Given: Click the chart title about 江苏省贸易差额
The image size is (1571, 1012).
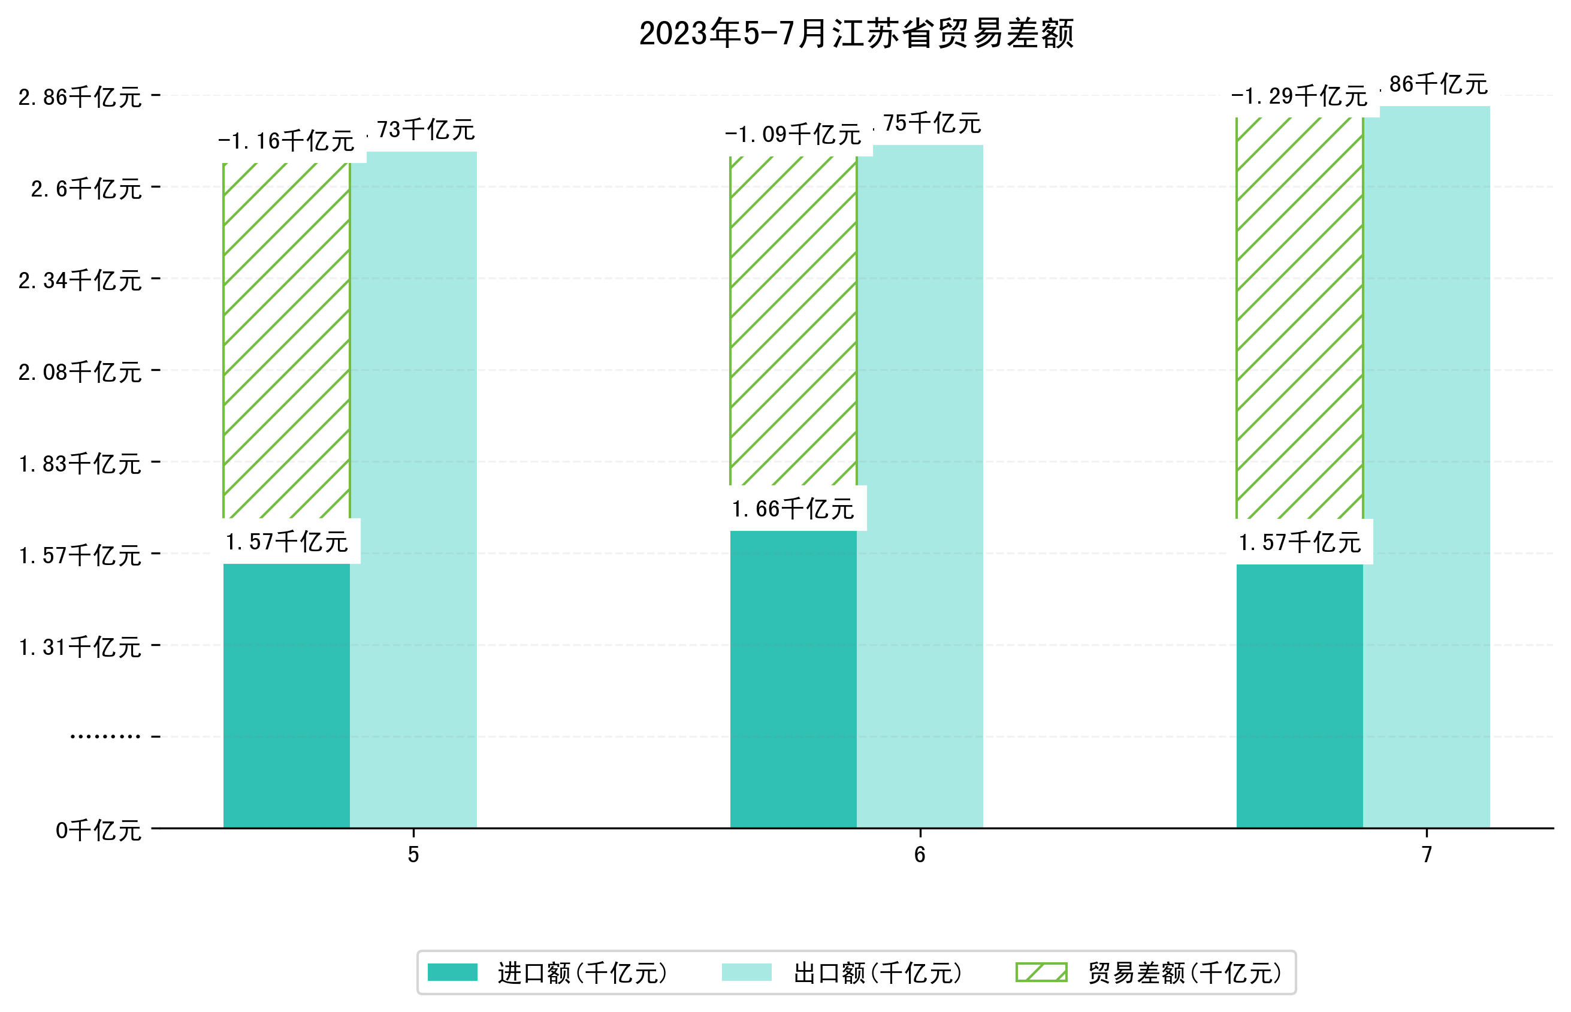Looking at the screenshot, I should (x=856, y=34).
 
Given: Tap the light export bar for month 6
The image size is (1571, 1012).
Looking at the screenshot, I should (x=920, y=487).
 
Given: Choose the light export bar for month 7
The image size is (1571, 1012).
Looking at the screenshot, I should (x=1427, y=467).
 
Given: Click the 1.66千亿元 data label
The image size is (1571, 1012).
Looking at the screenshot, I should (x=793, y=509).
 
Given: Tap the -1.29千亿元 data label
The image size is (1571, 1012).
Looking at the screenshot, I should (x=1299, y=96).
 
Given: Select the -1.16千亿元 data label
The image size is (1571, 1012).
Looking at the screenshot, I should (x=286, y=141).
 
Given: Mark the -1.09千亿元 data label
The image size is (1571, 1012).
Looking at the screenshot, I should (x=793, y=135).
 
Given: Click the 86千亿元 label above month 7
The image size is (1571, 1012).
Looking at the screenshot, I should (x=1438, y=84).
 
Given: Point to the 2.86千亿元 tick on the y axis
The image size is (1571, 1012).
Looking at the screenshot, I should (x=80, y=97).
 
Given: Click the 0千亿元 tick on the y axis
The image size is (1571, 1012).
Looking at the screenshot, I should (x=98, y=830).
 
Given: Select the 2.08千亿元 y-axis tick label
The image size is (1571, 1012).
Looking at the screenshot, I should (x=80, y=372).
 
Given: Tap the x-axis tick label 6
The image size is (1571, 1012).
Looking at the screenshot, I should (x=920, y=854).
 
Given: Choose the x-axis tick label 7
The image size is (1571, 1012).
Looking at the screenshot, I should (x=1427, y=854).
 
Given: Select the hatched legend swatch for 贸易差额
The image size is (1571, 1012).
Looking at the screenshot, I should (x=1041, y=972).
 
